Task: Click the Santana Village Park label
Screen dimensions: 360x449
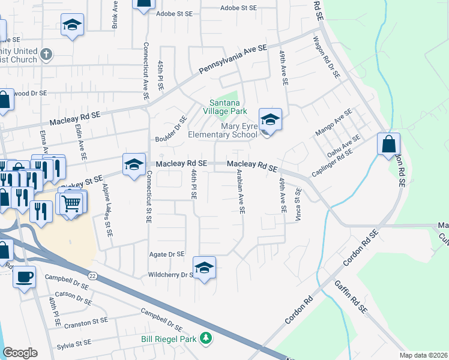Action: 224,107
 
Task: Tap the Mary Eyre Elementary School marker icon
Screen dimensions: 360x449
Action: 270,119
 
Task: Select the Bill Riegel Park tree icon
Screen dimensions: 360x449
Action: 206,339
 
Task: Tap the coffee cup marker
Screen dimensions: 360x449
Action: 24,277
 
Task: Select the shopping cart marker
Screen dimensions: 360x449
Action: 71,203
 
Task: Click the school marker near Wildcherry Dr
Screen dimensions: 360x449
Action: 204,267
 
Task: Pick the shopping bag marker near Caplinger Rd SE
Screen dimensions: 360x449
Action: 388,144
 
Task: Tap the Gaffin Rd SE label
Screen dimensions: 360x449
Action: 351,297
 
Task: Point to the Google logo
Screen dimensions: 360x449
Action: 20,353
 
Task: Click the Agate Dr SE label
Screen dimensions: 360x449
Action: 166,254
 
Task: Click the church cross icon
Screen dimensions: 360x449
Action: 46,56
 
